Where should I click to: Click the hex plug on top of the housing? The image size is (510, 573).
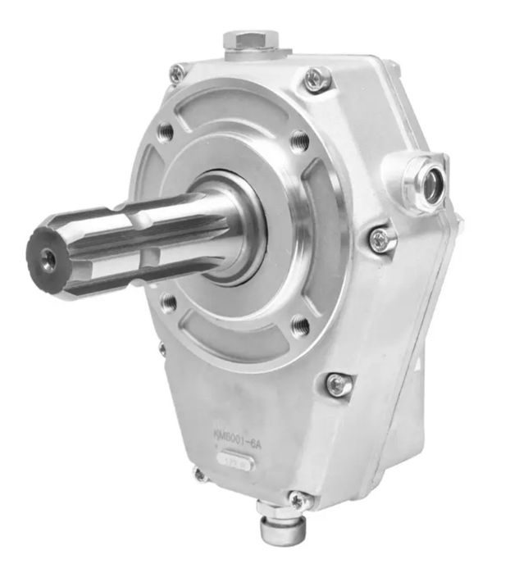tap(253, 41)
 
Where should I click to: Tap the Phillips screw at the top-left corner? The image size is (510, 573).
tap(177, 73)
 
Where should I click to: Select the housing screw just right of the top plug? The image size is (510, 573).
tap(316, 78)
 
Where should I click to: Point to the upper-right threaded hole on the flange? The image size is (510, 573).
tap(300, 140)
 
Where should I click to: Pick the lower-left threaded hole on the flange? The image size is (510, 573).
tap(168, 302)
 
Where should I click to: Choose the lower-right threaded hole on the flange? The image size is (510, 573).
tap(301, 326)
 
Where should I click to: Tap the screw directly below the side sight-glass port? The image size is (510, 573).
tap(380, 239)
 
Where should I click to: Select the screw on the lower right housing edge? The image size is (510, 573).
tap(338, 384)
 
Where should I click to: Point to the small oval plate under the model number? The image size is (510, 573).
tap(235, 462)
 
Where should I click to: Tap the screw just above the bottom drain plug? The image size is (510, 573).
tap(297, 498)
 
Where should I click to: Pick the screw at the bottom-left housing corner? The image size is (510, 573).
tap(198, 474)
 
